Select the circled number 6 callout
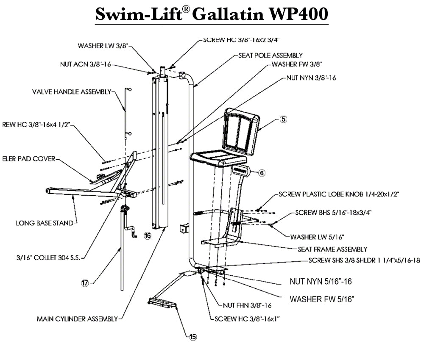point(262,173)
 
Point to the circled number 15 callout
point(193,337)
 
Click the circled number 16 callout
point(147,236)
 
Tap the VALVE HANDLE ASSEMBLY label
point(71,91)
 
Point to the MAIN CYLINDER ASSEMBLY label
point(77,319)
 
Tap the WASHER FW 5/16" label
point(322,299)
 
